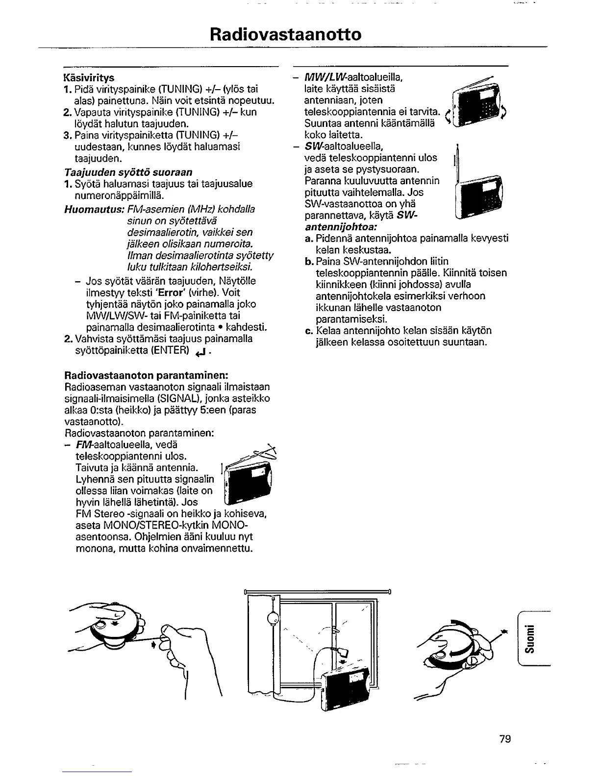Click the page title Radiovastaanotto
286,34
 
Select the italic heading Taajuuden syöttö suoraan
128,172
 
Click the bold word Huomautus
94,209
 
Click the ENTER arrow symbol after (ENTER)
199,351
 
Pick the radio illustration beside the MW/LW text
478,105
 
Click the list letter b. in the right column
309,262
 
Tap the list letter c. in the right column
308,331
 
